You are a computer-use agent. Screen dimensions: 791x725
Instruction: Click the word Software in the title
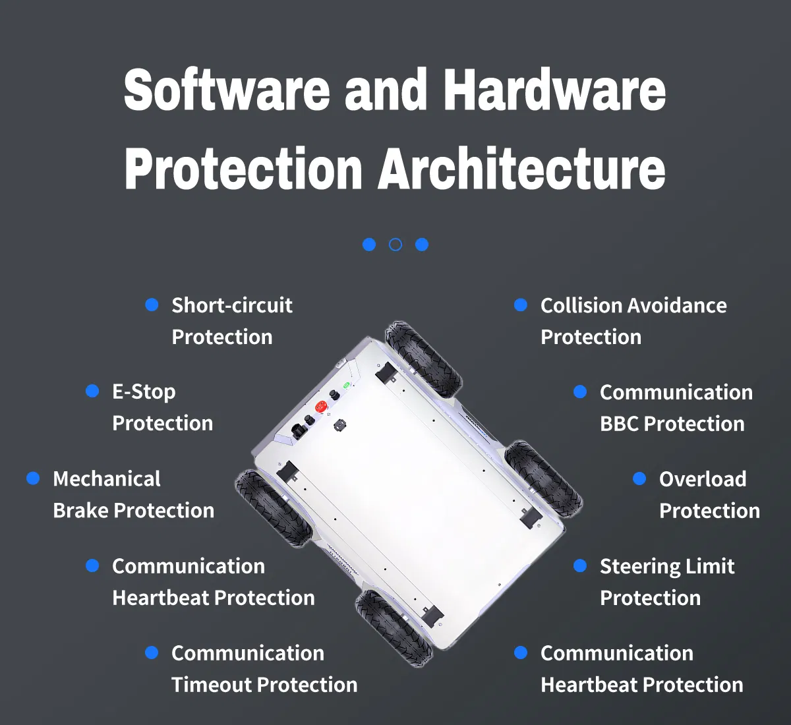227,90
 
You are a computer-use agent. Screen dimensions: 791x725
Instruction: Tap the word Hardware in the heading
554,90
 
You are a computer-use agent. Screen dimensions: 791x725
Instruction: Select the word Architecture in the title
521,169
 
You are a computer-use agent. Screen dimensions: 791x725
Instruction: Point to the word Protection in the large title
243,169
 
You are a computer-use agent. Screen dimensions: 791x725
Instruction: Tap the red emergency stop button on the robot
321,406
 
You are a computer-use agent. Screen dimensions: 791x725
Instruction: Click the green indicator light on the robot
347,385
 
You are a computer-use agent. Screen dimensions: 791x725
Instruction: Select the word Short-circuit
232,305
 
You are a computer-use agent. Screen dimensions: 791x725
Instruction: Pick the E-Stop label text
144,392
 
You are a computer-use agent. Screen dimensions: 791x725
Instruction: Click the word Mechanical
107,479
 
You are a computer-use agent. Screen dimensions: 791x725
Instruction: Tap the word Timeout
211,685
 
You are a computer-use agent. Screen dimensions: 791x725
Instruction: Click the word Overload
703,479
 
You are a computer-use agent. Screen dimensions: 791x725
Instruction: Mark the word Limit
710,566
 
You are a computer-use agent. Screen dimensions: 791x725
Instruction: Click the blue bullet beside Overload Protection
639,478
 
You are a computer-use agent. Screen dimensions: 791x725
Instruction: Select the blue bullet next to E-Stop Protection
92,391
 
